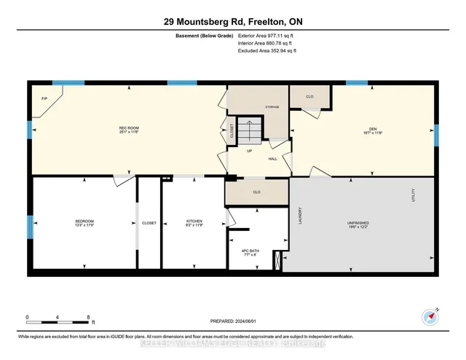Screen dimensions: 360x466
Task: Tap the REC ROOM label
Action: point(128,129)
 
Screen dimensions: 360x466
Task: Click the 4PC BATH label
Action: point(250,253)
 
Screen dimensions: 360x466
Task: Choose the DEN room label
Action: point(371,129)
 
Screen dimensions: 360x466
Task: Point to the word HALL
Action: point(272,158)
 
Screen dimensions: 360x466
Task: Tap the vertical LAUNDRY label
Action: point(299,216)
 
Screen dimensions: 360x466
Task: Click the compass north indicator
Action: point(430,317)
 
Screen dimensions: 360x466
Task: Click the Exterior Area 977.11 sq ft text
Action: point(267,35)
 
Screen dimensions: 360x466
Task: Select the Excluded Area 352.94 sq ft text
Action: point(267,51)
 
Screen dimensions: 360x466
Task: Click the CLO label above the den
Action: point(309,96)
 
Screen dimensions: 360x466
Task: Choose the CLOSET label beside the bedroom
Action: point(149,223)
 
